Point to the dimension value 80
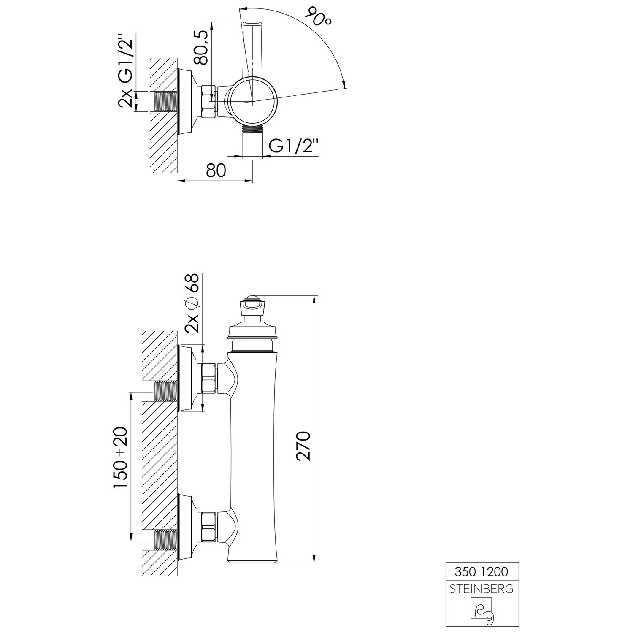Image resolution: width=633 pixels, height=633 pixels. (x=216, y=170)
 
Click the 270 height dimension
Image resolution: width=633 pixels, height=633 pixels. (x=303, y=446)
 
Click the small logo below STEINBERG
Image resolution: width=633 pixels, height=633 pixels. (x=482, y=608)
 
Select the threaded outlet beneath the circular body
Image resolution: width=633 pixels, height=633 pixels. (x=252, y=128)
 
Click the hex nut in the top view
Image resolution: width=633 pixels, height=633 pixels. (x=209, y=101)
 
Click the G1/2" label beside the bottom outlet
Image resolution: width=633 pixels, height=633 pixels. (x=293, y=146)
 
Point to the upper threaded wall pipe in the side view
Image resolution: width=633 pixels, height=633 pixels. (x=166, y=391)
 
